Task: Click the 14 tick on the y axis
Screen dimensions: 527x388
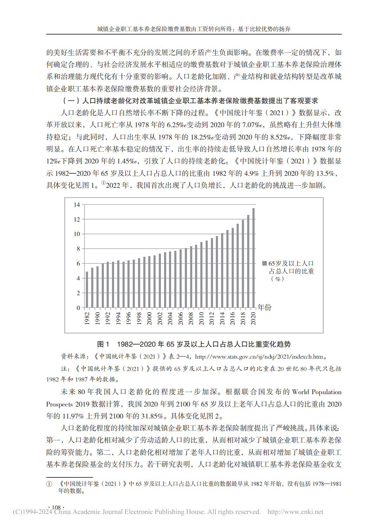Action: pyautogui.click(x=77, y=205)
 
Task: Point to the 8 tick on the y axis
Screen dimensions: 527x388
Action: pyautogui.click(x=78, y=249)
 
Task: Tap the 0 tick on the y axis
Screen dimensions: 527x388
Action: pyautogui.click(x=78, y=308)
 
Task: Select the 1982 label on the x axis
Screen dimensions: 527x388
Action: pyautogui.click(x=87, y=318)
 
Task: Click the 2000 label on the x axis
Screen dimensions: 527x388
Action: pyautogui.click(x=149, y=318)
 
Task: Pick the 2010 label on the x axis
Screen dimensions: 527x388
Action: pyautogui.click(x=201, y=318)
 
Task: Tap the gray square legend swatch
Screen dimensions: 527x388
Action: pyautogui.click(x=264, y=263)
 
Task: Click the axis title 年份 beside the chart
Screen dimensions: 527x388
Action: pyautogui.click(x=264, y=307)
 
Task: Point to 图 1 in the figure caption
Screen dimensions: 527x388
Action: pyautogui.click(x=103, y=344)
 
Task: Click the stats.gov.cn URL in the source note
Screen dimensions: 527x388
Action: pyautogui.click(x=259, y=356)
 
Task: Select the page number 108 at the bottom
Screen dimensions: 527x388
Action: pyautogui.click(x=56, y=507)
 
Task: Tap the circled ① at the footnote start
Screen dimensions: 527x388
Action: pyautogui.click(x=49, y=484)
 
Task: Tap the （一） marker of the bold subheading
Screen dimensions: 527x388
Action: pyautogui.click(x=71, y=101)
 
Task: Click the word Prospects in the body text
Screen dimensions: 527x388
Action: pyautogui.click(x=59, y=404)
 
